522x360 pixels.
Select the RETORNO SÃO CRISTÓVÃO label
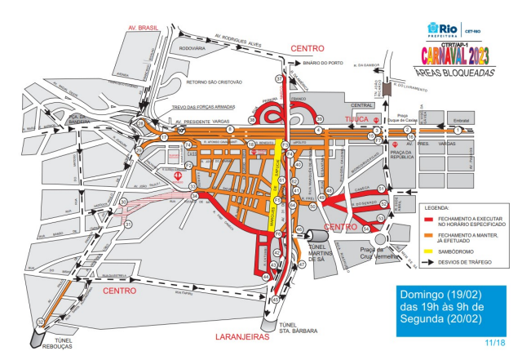click(218, 82)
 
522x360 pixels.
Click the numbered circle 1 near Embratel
click(458, 130)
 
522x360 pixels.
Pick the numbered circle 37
click(279, 79)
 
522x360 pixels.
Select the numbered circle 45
click(275, 300)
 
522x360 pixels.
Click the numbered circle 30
click(125, 202)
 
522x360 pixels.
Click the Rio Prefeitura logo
click(445, 29)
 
